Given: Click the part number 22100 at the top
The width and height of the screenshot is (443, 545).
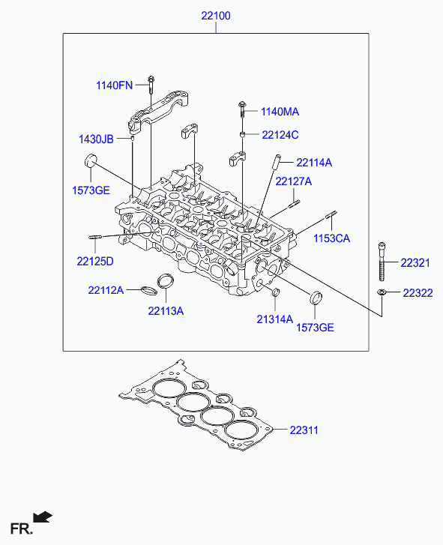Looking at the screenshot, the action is [216, 16].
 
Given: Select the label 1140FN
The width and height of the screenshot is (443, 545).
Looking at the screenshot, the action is [115, 85].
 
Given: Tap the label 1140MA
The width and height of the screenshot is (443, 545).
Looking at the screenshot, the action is [280, 112].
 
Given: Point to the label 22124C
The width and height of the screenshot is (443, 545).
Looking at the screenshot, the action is [280, 135].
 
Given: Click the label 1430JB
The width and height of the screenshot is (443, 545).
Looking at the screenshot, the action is [96, 139].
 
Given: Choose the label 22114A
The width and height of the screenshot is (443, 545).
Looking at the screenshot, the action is [314, 163].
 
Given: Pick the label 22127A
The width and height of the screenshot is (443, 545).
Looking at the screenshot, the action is [294, 181].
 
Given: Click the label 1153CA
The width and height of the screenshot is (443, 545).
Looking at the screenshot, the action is [331, 238].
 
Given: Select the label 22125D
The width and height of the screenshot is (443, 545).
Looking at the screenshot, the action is [95, 262].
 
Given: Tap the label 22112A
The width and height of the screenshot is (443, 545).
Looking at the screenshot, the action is [106, 290].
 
